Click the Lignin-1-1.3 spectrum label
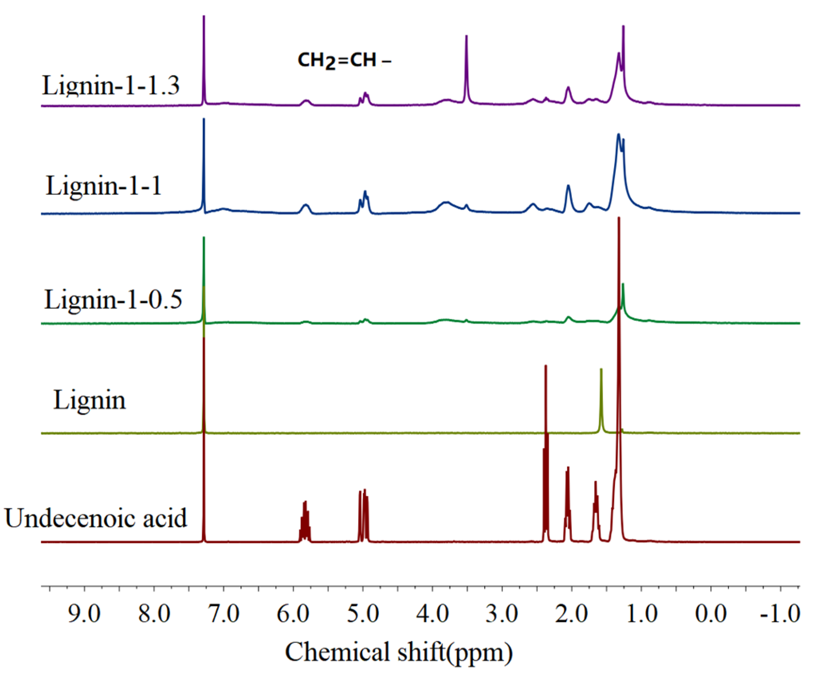tap(111, 86)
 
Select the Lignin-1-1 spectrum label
tap(104, 186)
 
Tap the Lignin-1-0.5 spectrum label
tap(113, 300)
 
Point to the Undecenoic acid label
tap(96, 518)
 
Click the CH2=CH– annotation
tap(344, 61)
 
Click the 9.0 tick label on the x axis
tap(84, 614)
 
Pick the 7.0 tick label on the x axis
tap(224, 614)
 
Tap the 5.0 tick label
tap(363, 614)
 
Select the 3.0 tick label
tap(502, 614)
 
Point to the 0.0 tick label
tap(711, 614)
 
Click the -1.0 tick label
tap(780, 614)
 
